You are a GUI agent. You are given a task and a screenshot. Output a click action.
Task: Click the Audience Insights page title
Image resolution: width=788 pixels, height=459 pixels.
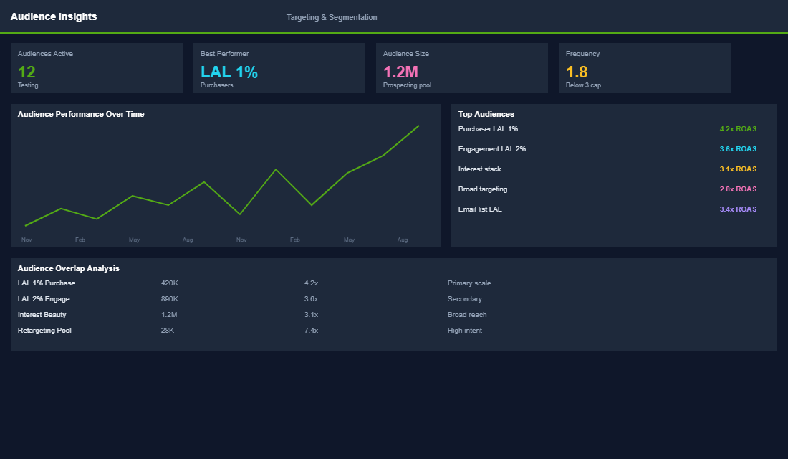pos(54,16)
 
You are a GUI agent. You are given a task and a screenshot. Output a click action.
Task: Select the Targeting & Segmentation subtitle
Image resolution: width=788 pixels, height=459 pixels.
pos(332,17)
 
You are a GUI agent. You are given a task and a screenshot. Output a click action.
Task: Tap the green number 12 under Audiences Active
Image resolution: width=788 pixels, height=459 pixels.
pos(27,72)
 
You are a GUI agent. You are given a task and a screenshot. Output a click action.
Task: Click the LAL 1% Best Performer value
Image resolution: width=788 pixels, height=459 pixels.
pos(229,72)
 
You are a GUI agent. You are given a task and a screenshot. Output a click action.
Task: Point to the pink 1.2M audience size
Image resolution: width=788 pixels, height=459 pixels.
pos(400,72)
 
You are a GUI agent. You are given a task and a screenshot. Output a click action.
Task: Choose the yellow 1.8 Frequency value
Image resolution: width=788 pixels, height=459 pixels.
pos(577,72)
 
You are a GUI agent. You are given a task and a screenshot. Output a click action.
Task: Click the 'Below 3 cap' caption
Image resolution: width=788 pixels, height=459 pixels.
pos(583,85)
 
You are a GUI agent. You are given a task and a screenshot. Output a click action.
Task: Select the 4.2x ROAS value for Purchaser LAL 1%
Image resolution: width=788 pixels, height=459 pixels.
pos(738,129)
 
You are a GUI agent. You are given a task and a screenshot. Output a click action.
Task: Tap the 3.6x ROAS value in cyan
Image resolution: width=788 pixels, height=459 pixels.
pos(738,149)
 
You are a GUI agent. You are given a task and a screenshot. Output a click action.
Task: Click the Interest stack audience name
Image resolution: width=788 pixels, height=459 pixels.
pos(480,169)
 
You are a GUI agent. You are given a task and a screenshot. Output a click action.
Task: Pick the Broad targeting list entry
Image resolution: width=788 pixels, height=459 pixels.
pos(483,189)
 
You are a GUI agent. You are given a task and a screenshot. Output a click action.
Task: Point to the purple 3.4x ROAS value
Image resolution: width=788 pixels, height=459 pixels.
pos(738,209)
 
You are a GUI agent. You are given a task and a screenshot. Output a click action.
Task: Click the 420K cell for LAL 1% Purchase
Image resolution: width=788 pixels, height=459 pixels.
pos(169,283)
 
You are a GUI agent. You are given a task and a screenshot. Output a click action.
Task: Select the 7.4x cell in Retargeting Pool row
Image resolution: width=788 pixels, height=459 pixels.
pos(311,331)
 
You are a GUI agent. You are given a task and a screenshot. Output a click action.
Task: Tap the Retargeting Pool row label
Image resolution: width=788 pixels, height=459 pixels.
pos(44,331)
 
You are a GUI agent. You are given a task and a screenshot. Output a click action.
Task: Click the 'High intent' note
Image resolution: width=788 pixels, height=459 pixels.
pos(465,331)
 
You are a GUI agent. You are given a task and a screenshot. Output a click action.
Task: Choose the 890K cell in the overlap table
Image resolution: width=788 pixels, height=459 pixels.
pos(170,299)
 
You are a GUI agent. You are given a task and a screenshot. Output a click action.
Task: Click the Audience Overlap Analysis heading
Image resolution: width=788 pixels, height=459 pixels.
pos(69,268)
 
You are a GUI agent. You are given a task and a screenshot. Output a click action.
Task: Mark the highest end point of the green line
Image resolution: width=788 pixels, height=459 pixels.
pos(418,126)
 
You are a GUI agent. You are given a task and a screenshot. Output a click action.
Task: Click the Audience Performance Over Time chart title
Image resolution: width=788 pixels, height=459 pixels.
pos(81,114)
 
